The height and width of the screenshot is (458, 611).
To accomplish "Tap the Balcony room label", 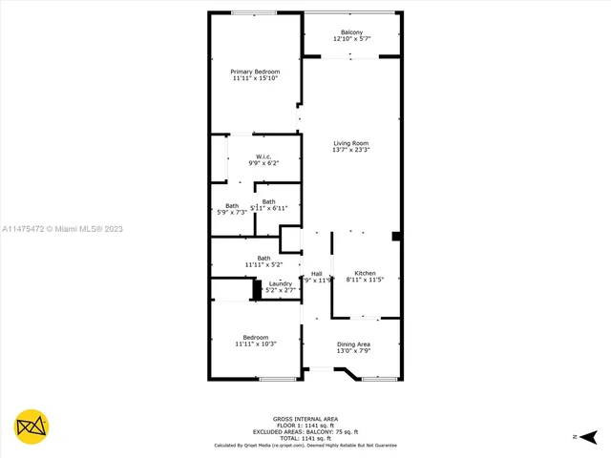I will click(351, 32).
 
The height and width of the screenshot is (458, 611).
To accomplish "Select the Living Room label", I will click(350, 143).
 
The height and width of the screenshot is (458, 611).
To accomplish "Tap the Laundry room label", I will click(280, 283).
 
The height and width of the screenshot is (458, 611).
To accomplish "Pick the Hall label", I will click(317, 274).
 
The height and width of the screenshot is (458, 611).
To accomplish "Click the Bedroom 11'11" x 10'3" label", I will click(255, 337).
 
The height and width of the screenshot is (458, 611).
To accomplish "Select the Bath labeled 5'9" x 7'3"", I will click(232, 206).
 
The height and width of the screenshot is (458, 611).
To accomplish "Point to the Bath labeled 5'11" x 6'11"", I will click(269, 201).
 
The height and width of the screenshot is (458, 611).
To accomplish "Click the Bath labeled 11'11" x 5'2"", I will click(263, 258).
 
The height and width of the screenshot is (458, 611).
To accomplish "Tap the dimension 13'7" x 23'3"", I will click(350, 150).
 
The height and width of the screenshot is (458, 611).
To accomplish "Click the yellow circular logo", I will click(32, 427).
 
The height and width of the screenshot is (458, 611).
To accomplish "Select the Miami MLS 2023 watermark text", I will click(62, 229).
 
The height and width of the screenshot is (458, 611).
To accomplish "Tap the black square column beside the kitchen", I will click(396, 236).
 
